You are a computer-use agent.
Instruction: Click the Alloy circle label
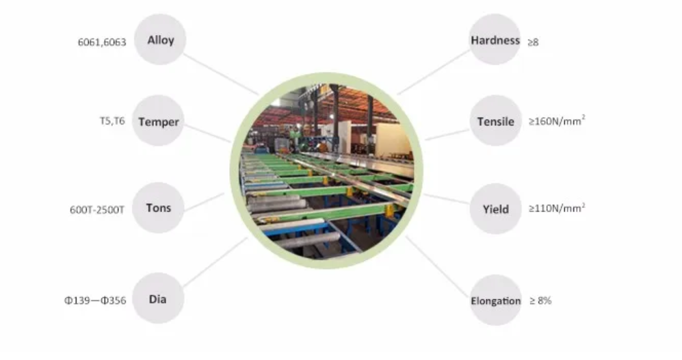(160, 39)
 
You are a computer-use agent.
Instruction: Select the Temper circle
(158, 120)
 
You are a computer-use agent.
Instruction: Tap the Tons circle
(158, 207)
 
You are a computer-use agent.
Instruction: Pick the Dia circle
(158, 298)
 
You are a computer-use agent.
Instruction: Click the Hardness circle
(495, 39)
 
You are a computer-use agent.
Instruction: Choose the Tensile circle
(495, 120)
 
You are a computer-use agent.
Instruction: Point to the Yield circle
(495, 209)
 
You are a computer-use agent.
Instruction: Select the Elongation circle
(495, 300)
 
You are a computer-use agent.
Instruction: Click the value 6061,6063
(102, 42)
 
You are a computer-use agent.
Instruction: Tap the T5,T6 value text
(112, 120)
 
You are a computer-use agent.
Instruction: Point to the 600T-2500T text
(97, 210)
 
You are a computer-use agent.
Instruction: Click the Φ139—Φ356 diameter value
(95, 300)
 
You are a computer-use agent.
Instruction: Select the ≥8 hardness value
(534, 42)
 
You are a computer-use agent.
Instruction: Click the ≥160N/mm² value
(557, 120)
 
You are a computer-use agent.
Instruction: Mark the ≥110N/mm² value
(557, 208)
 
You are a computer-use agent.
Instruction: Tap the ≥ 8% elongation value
(540, 300)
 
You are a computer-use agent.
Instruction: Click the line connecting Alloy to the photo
(221, 74)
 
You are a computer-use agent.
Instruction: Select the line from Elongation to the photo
(437, 266)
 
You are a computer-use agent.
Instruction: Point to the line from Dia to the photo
(215, 262)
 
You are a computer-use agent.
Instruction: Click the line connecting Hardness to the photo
(433, 72)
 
